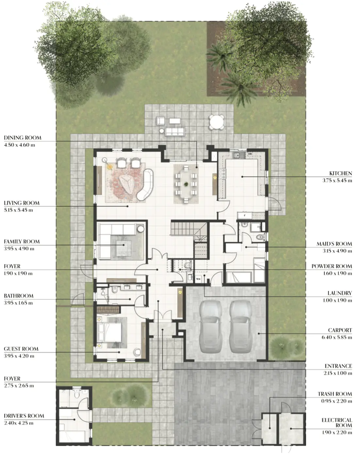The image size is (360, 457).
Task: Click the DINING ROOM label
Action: click(23, 138)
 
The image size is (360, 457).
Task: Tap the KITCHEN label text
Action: click(340, 173)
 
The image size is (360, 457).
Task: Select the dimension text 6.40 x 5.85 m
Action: click(336, 337)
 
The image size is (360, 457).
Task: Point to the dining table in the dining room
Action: click(186, 184)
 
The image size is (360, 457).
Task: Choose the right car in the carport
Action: click(241, 326)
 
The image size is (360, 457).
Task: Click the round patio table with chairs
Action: click(217, 122)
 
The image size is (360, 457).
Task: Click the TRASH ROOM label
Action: click(335, 394)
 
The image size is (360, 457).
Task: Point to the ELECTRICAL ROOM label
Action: click(336, 422)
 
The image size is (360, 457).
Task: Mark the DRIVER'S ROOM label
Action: click(24, 416)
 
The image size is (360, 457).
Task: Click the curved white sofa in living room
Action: click(145, 184)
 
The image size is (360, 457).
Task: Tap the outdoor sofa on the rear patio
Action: click(174, 132)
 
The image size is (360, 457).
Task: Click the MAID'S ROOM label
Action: click(334, 244)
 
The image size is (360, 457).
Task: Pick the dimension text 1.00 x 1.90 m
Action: click(337, 300)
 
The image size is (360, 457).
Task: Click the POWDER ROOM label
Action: click(331, 266)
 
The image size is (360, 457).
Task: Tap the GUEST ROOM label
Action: click(21, 349)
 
